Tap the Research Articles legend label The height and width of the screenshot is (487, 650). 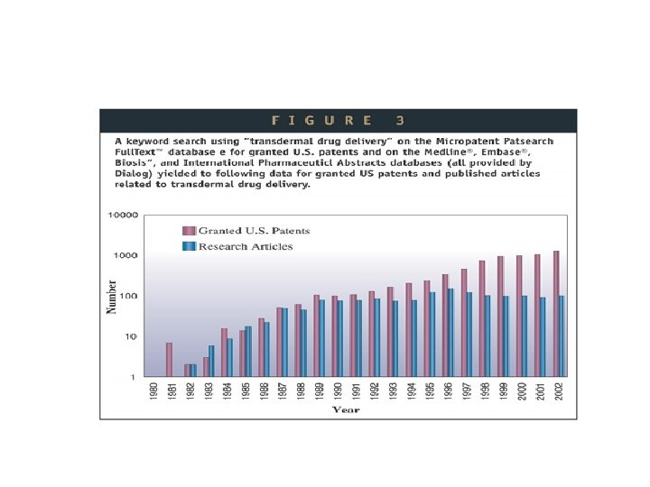point(246,246)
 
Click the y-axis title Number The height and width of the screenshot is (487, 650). point(112,297)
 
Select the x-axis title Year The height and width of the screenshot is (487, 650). point(346,410)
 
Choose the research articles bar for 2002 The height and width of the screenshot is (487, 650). point(562,335)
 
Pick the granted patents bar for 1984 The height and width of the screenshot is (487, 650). point(224,352)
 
